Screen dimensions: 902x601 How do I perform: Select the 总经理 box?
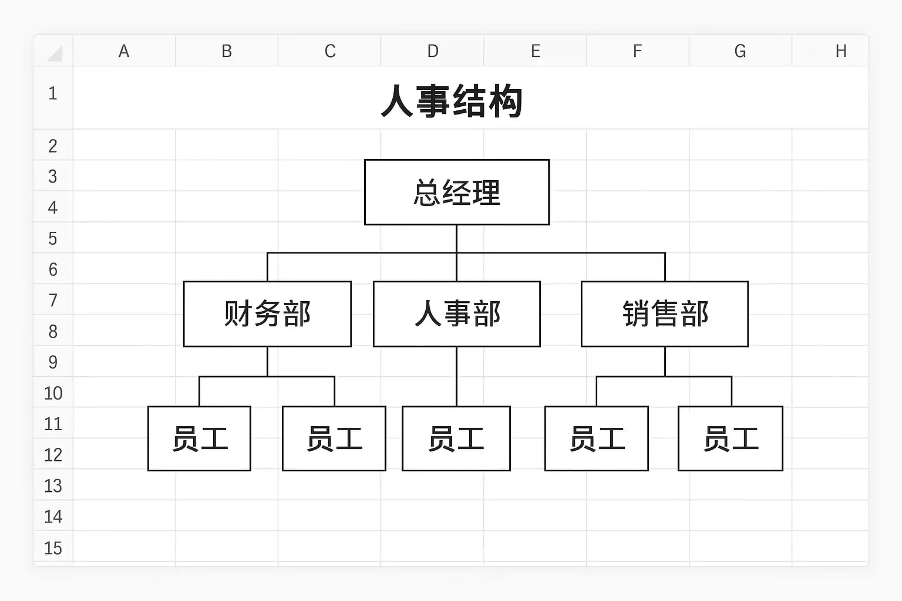pos(457,192)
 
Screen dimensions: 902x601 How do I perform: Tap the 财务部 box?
pos(267,314)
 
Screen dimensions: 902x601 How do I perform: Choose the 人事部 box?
pos(457,314)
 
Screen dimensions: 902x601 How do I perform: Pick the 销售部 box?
pos(665,314)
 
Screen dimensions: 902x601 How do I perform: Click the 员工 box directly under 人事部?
pos(456,438)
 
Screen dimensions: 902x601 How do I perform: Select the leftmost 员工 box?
pos(199,438)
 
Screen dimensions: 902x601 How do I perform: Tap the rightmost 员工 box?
pos(731,438)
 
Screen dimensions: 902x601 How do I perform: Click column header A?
pos(124,51)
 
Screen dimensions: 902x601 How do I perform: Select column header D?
pos(432,51)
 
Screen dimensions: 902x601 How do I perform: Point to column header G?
pos(740,51)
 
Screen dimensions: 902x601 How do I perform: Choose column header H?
pos(841,51)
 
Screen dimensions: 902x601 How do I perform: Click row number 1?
pos(53,93)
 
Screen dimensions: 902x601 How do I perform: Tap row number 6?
pos(53,269)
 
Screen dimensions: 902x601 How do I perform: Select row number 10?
pos(53,393)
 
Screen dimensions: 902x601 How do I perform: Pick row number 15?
pos(53,548)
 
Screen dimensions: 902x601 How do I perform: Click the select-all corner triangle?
pos(55,54)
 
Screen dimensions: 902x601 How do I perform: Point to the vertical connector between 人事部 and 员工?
pos(457,376)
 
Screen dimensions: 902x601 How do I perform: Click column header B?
pos(227,51)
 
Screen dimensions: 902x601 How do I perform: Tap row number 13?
pos(53,486)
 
